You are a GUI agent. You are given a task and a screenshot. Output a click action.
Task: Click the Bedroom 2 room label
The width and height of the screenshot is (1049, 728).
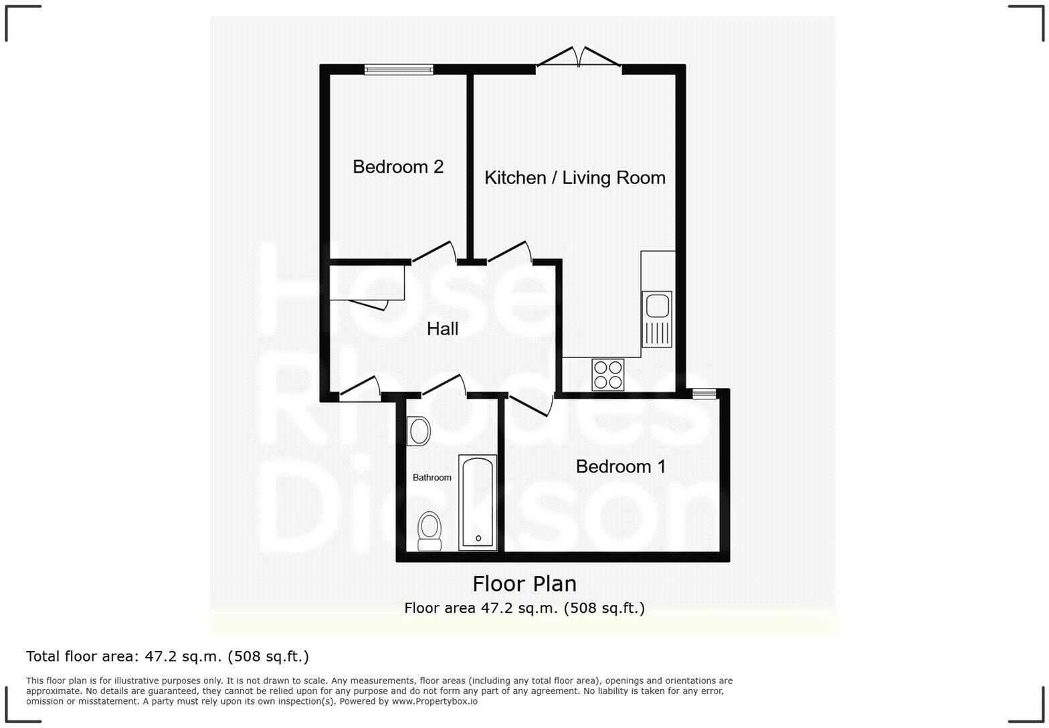[x=398, y=167]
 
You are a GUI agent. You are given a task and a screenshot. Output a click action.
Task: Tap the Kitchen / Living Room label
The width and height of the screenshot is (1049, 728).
[x=575, y=177]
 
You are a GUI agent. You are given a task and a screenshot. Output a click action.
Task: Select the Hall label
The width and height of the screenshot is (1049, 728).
[x=442, y=329]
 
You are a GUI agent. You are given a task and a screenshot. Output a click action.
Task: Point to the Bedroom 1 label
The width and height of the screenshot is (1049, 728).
[x=620, y=466]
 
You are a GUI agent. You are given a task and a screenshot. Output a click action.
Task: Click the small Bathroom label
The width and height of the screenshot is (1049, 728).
[x=432, y=478]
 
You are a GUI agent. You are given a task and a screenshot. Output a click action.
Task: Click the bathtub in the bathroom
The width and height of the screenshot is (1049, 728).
[x=478, y=503]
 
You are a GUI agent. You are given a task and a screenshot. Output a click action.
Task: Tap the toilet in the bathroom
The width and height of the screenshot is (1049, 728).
[x=429, y=531]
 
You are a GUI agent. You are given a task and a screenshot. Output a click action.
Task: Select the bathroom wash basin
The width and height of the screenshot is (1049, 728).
[x=419, y=431]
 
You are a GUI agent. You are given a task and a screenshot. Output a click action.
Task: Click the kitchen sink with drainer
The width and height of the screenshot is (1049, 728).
[x=657, y=319]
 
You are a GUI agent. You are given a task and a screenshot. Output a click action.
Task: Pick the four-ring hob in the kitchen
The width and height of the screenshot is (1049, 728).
[x=607, y=375]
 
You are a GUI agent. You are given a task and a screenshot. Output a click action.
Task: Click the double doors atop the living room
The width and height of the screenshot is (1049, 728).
[x=579, y=58]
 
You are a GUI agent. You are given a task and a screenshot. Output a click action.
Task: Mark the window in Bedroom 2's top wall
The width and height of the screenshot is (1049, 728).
[x=399, y=69]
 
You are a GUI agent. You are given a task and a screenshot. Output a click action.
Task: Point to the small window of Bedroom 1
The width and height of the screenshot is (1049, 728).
[x=704, y=393]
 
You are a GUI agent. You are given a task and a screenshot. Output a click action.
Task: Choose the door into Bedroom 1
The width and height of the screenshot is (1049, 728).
[x=531, y=405]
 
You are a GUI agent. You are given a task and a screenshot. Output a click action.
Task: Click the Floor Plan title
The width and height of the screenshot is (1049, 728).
[x=524, y=584]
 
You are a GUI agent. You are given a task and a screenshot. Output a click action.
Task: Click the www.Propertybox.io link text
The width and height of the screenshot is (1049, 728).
[x=434, y=701]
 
